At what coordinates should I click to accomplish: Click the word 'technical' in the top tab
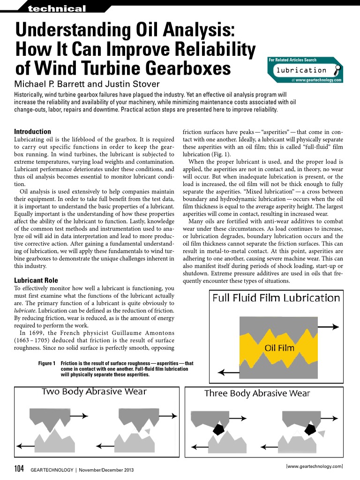click(x=57, y=9)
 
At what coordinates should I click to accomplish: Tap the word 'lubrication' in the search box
click(x=301, y=70)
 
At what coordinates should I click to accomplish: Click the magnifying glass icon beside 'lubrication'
click(x=336, y=71)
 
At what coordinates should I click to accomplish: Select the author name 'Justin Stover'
click(x=135, y=84)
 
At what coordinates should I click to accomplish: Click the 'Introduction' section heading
click(x=32, y=132)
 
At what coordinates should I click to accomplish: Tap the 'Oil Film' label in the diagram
click(x=279, y=348)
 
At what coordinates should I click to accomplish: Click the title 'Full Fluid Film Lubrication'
click(x=276, y=298)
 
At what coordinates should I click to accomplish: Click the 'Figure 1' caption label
click(x=47, y=363)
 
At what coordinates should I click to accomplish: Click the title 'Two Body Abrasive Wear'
click(x=94, y=392)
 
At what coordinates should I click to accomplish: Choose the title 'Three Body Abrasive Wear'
click(x=264, y=393)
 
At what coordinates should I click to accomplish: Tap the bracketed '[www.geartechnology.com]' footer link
click(x=314, y=466)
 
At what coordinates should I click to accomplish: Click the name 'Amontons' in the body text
click(x=154, y=333)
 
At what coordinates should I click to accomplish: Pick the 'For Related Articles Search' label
click(x=292, y=60)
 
